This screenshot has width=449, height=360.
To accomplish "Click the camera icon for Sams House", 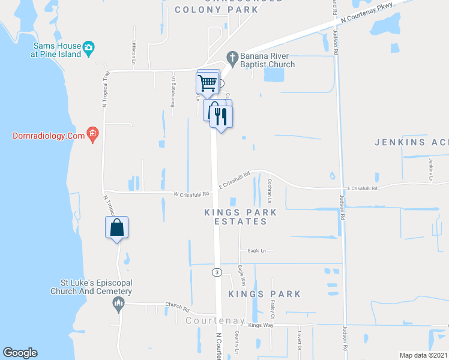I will point(89,48).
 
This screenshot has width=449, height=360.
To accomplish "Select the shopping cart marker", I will point(208,82).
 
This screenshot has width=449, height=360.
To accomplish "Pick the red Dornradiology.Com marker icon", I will point(92,134).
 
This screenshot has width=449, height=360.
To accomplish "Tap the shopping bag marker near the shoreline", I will point(117,228).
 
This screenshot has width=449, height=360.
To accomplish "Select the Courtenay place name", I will point(215,321).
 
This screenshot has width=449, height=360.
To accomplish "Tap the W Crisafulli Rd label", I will point(191,194).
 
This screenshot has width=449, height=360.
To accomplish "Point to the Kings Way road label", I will point(261,325).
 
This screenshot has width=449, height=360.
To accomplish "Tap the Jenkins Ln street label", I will point(431,170).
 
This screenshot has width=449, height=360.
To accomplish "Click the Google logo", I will point(20,353).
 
